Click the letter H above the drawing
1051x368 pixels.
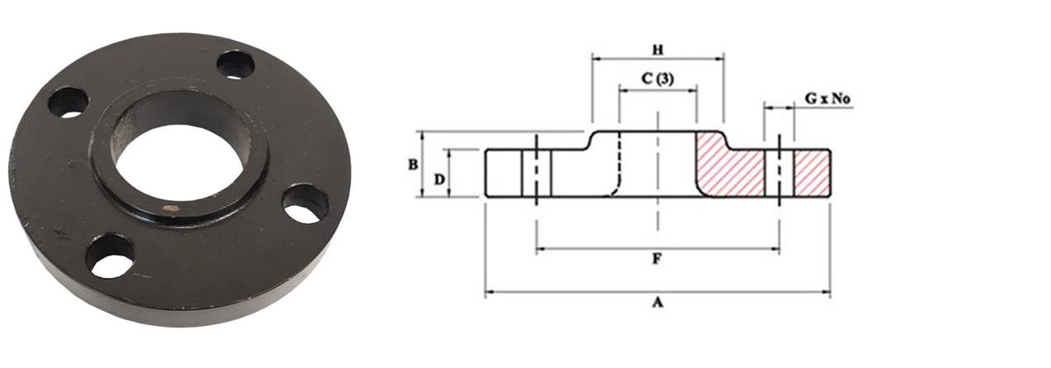click(658, 49)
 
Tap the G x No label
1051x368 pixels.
click(827, 99)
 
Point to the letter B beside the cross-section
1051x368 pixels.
click(411, 165)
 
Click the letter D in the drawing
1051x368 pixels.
click(440, 179)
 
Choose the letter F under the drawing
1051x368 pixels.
click(658, 259)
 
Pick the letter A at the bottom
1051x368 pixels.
click(658, 303)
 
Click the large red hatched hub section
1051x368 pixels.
click(727, 170)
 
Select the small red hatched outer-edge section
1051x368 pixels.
click(811, 173)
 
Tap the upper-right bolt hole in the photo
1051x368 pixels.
click(236, 65)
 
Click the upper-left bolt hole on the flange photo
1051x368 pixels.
click(68, 102)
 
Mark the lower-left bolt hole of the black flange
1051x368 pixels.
click(110, 256)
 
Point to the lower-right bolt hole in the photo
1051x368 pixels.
click(304, 203)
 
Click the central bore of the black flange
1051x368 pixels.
click(178, 162)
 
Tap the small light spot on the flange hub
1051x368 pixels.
click(171, 208)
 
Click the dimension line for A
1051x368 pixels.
click(578, 292)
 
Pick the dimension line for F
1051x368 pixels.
click(595, 248)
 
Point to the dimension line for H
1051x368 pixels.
click(628, 59)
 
